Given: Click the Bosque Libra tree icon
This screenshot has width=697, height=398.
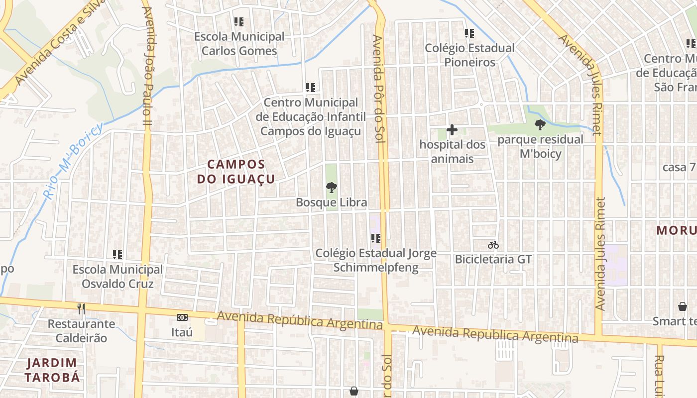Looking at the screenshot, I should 331,188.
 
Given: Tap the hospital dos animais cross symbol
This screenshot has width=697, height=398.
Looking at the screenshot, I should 452,130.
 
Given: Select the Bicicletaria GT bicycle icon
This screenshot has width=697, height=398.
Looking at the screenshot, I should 493,245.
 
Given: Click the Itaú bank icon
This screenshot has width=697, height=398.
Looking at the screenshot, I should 182,317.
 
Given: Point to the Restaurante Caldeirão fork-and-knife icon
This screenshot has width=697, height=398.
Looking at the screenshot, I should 81,309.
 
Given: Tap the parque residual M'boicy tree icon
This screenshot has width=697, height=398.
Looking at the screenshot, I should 540,125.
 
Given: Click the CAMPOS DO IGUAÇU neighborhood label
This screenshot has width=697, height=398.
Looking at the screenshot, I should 236,171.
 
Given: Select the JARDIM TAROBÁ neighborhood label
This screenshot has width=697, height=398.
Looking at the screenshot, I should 52,370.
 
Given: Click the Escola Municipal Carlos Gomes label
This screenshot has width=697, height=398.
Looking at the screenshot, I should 239,44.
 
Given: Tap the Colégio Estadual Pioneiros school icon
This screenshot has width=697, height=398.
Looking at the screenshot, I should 469,33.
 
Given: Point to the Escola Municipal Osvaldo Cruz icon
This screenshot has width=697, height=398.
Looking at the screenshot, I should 117,255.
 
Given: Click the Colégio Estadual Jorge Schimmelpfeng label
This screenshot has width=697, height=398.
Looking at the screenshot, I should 376,260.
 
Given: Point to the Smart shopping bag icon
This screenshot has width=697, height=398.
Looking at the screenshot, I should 682,306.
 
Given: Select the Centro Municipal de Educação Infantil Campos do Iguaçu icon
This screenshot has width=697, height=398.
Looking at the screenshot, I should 311,88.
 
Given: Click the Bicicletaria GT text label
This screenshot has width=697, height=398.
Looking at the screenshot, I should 493,259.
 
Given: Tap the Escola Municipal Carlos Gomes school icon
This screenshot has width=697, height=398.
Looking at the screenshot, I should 239,22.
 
